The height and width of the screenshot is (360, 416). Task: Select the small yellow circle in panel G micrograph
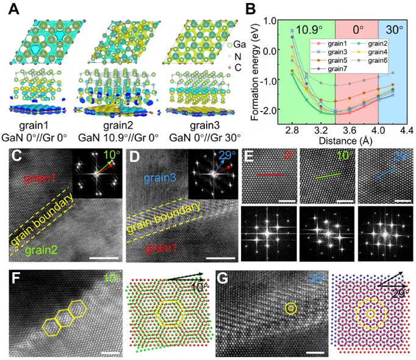pyautogui.click(x=290, y=308)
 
